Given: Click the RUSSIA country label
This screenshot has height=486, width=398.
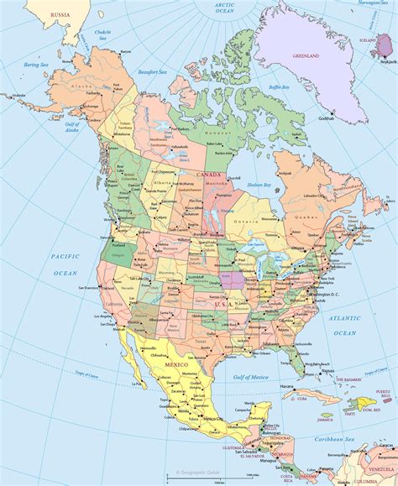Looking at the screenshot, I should [x=60, y=15].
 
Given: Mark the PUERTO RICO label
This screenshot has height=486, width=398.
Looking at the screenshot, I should [x=382, y=395].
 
